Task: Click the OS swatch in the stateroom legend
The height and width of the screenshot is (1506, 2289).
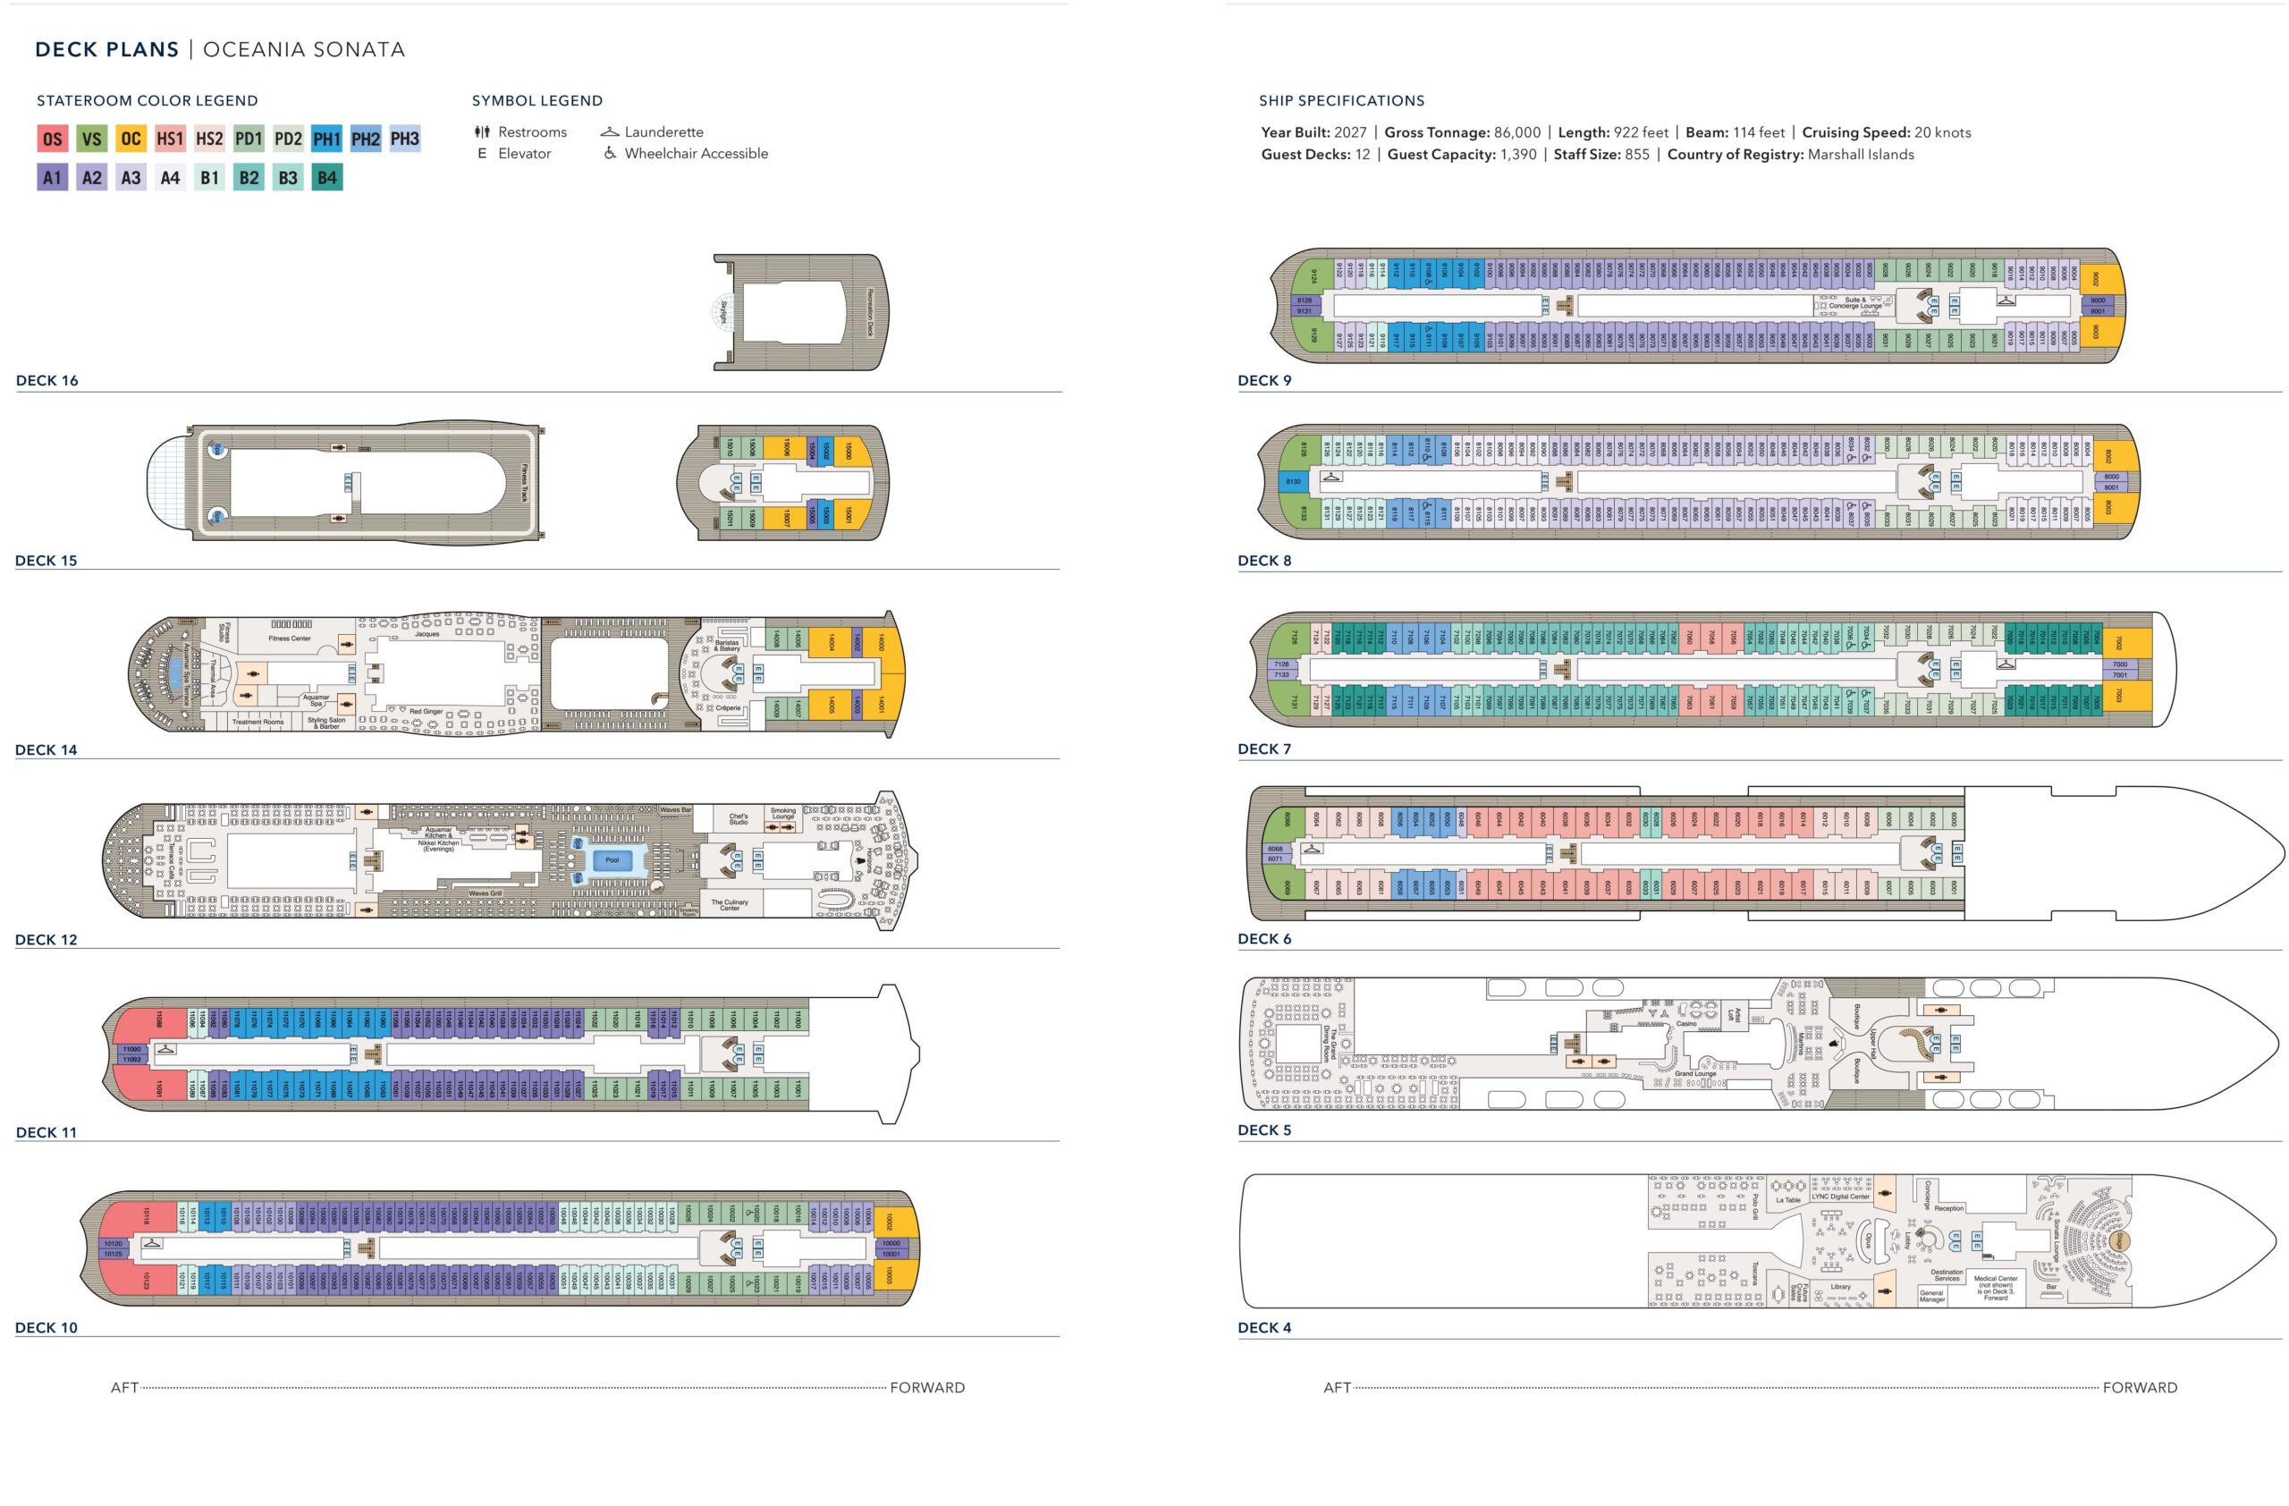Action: coord(52,139)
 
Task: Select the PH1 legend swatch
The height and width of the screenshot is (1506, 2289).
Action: coord(327,139)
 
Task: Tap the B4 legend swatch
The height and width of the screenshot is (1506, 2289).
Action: coord(327,178)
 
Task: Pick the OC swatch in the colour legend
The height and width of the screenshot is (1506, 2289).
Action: coord(131,139)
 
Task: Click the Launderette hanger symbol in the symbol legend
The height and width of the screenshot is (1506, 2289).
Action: coord(610,131)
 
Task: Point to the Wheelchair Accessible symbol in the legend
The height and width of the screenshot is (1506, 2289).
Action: coord(610,153)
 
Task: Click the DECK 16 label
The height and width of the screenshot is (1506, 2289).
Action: coord(47,381)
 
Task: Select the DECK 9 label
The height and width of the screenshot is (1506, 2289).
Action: coord(1264,381)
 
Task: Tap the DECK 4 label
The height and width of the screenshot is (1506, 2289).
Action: coord(1264,1328)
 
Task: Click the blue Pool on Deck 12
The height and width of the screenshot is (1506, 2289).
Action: coord(612,859)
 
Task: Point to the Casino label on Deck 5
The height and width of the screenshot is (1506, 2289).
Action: coord(1687,1024)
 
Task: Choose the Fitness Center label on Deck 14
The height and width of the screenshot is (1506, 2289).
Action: coord(290,639)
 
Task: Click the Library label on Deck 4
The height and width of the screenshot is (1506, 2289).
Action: coord(1841,1287)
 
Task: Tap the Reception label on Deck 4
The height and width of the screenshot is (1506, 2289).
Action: coord(1949,1209)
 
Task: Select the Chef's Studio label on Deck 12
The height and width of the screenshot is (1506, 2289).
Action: coord(739,819)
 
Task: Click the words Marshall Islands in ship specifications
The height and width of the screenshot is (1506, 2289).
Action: coord(1861,155)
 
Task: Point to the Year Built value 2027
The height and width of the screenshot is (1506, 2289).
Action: coord(1350,132)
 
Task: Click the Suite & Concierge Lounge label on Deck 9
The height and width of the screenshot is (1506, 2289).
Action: coord(1855,303)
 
